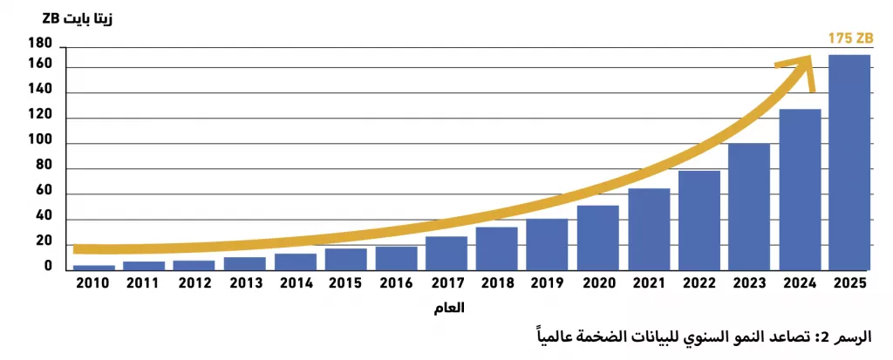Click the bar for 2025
tap(849, 162)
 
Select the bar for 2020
tap(597, 238)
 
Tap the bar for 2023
tap(749, 207)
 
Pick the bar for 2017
tap(446, 254)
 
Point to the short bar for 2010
tap(94, 268)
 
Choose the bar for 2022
tap(699, 221)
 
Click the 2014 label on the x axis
tap(295, 283)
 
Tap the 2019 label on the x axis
tap(547, 283)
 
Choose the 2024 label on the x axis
tap(799, 283)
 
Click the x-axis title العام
tap(449, 309)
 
